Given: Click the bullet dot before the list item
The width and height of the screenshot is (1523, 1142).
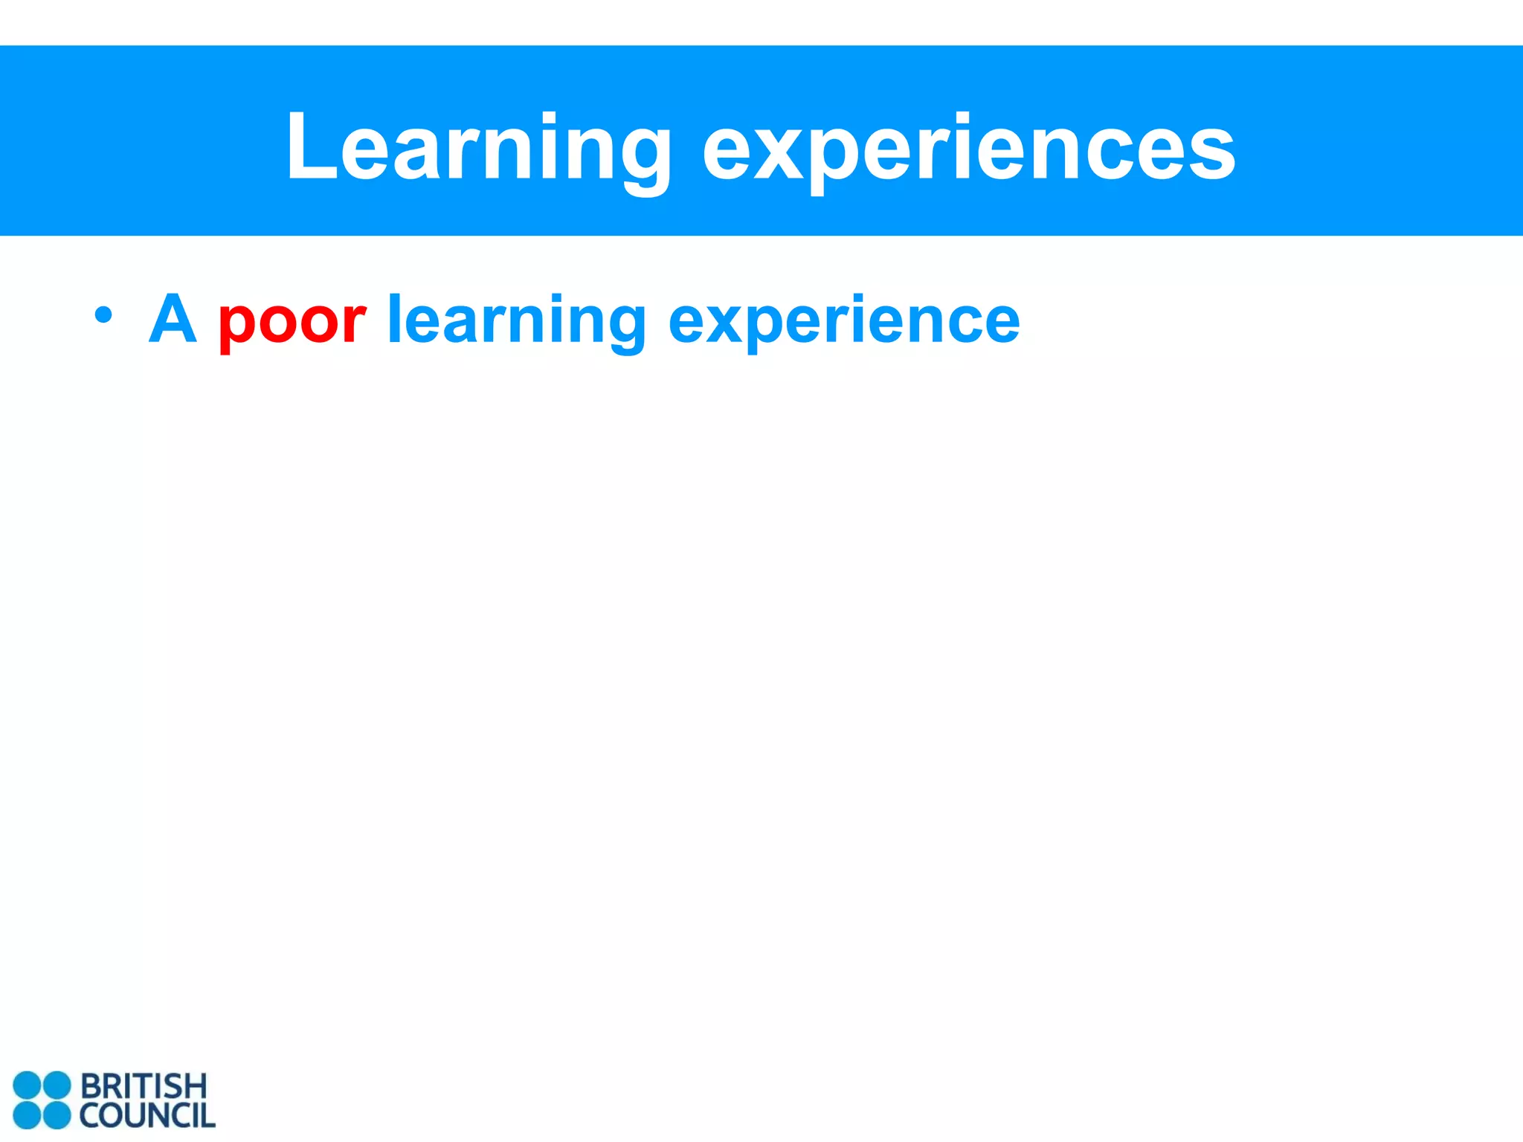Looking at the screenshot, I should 103,315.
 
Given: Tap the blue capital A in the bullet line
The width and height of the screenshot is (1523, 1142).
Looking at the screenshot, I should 173,319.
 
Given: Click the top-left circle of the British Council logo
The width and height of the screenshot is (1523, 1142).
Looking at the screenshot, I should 28,1085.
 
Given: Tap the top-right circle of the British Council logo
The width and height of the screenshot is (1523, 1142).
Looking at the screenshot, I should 57,1085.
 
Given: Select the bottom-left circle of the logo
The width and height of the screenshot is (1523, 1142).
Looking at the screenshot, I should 28,1115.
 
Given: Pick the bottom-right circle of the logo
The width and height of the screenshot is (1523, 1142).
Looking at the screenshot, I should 57,1115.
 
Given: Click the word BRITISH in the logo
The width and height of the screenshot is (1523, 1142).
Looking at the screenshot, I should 143,1086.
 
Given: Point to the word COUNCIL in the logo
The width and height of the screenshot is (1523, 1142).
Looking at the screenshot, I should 147,1116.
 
